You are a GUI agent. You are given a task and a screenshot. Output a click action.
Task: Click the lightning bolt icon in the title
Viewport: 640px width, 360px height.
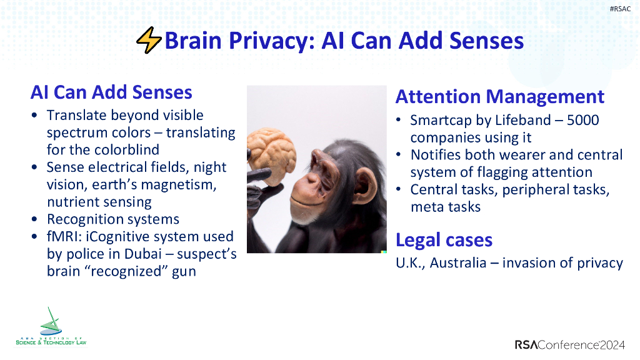[149, 41]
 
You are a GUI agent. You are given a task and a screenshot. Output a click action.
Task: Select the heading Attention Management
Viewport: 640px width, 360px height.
[500, 97]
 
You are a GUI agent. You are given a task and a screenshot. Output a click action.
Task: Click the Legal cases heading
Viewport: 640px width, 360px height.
[444, 240]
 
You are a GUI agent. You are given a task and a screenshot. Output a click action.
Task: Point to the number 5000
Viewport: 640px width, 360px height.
[582, 120]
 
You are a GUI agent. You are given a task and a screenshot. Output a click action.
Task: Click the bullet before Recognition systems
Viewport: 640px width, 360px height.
[35, 220]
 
